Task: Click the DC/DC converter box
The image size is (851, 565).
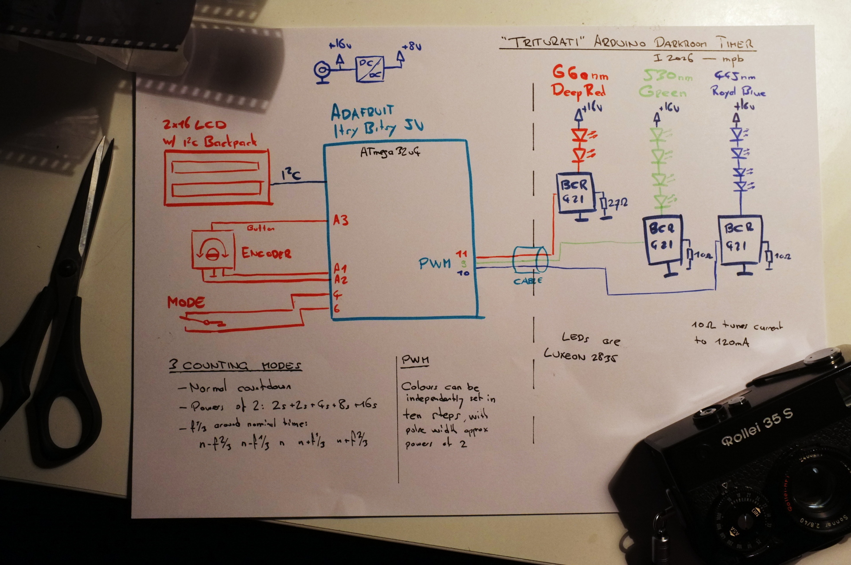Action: tap(370, 69)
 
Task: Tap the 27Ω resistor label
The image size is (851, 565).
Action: tap(617, 203)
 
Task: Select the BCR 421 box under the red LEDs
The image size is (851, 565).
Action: tap(575, 192)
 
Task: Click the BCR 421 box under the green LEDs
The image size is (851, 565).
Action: tap(662, 239)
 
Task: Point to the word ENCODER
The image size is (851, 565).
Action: tap(266, 253)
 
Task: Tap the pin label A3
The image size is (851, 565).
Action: tap(340, 220)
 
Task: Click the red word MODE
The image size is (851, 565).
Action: tap(186, 303)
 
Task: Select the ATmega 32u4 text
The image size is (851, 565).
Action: tap(390, 152)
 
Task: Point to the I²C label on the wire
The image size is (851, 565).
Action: tap(291, 174)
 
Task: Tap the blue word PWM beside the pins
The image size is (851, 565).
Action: tap(434, 264)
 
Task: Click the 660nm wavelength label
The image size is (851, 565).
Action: tap(580, 73)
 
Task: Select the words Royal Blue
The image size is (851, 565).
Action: tap(738, 91)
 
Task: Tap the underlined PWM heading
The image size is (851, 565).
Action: tap(415, 360)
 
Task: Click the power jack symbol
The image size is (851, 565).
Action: tap(322, 71)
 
